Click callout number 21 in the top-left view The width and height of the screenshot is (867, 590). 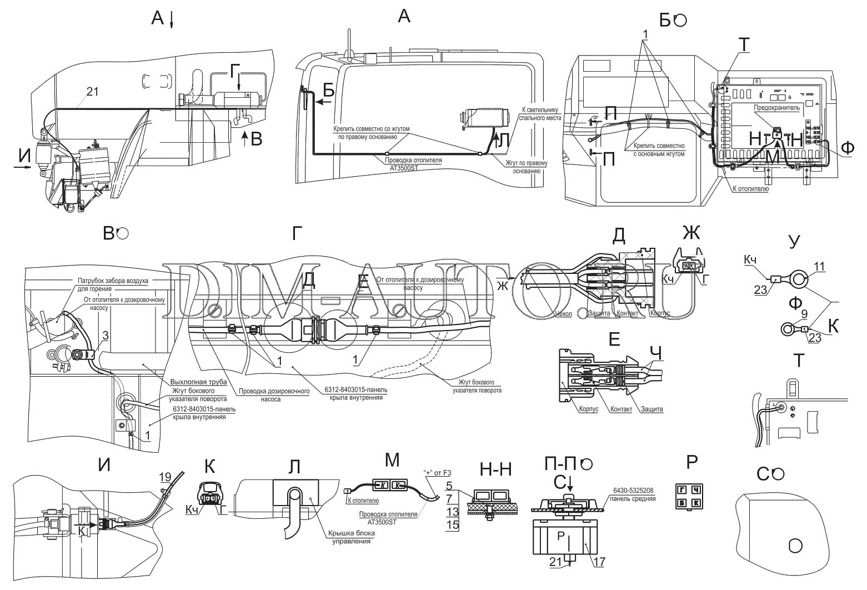point(92,92)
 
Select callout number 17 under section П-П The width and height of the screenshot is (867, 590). point(599,562)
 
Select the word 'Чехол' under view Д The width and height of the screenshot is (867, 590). point(564,313)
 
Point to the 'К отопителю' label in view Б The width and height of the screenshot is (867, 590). point(750,189)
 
